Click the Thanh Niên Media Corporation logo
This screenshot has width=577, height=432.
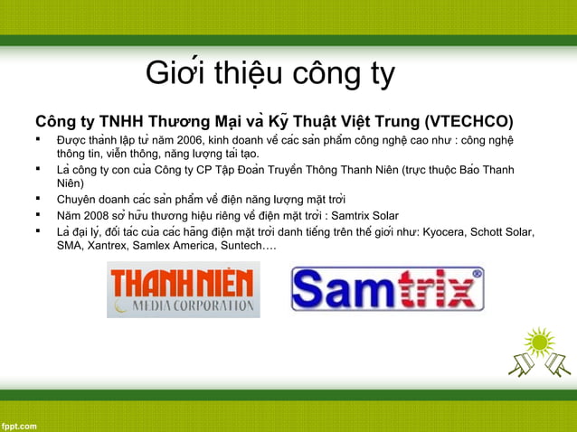[184, 289]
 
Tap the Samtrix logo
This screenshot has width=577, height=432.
[387, 289]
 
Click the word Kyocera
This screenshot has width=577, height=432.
[446, 231]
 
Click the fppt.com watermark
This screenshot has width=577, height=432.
[19, 424]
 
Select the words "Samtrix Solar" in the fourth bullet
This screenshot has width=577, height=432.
[361, 215]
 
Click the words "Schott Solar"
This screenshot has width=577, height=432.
[501, 231]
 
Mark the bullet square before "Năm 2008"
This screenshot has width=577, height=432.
[39, 215]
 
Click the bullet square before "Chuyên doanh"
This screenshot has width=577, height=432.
[39, 199]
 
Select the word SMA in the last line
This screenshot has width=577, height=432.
[69, 246]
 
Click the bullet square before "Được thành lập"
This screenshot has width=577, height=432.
[39, 141]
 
